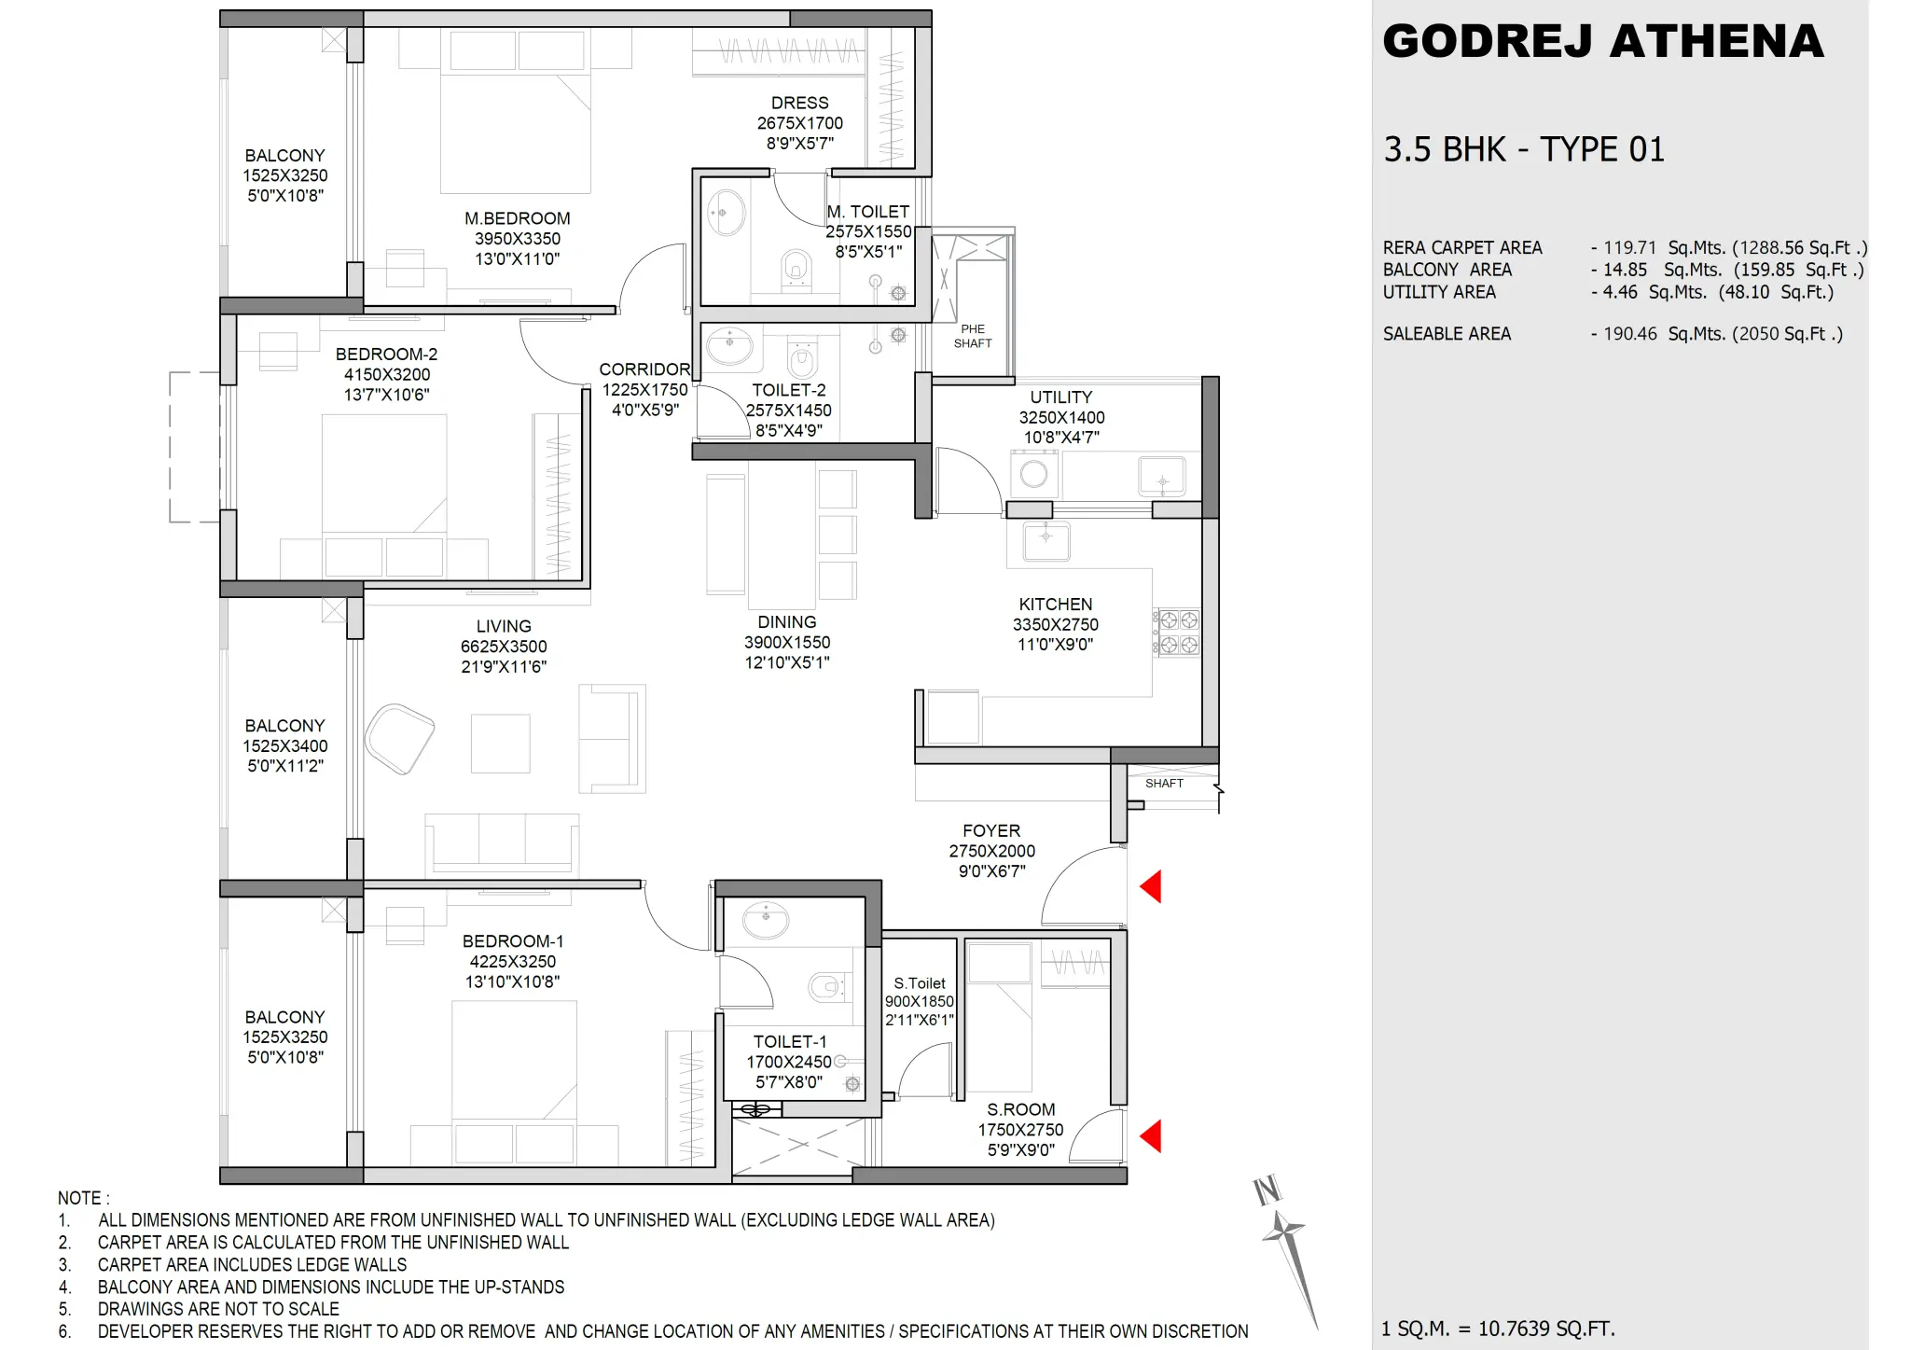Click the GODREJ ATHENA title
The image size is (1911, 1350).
tap(1602, 42)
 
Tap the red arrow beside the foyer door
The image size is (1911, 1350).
tap(1152, 886)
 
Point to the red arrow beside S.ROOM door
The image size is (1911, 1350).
tap(1152, 1136)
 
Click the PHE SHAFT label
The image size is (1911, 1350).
tap(972, 336)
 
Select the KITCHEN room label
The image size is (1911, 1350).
tap(1055, 605)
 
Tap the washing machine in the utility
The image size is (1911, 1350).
tap(1033, 474)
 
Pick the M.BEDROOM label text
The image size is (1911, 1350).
tap(517, 218)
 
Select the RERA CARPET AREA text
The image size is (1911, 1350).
tap(1461, 248)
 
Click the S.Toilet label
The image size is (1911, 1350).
tap(919, 983)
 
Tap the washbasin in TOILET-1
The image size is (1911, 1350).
tap(766, 920)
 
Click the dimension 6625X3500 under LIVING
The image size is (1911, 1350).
tap(504, 647)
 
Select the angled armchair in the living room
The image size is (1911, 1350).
tap(399, 739)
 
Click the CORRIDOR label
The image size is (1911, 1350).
tap(644, 369)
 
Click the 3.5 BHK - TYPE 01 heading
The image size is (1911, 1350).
tap(1523, 149)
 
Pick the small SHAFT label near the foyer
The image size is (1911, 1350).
tap(1163, 784)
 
